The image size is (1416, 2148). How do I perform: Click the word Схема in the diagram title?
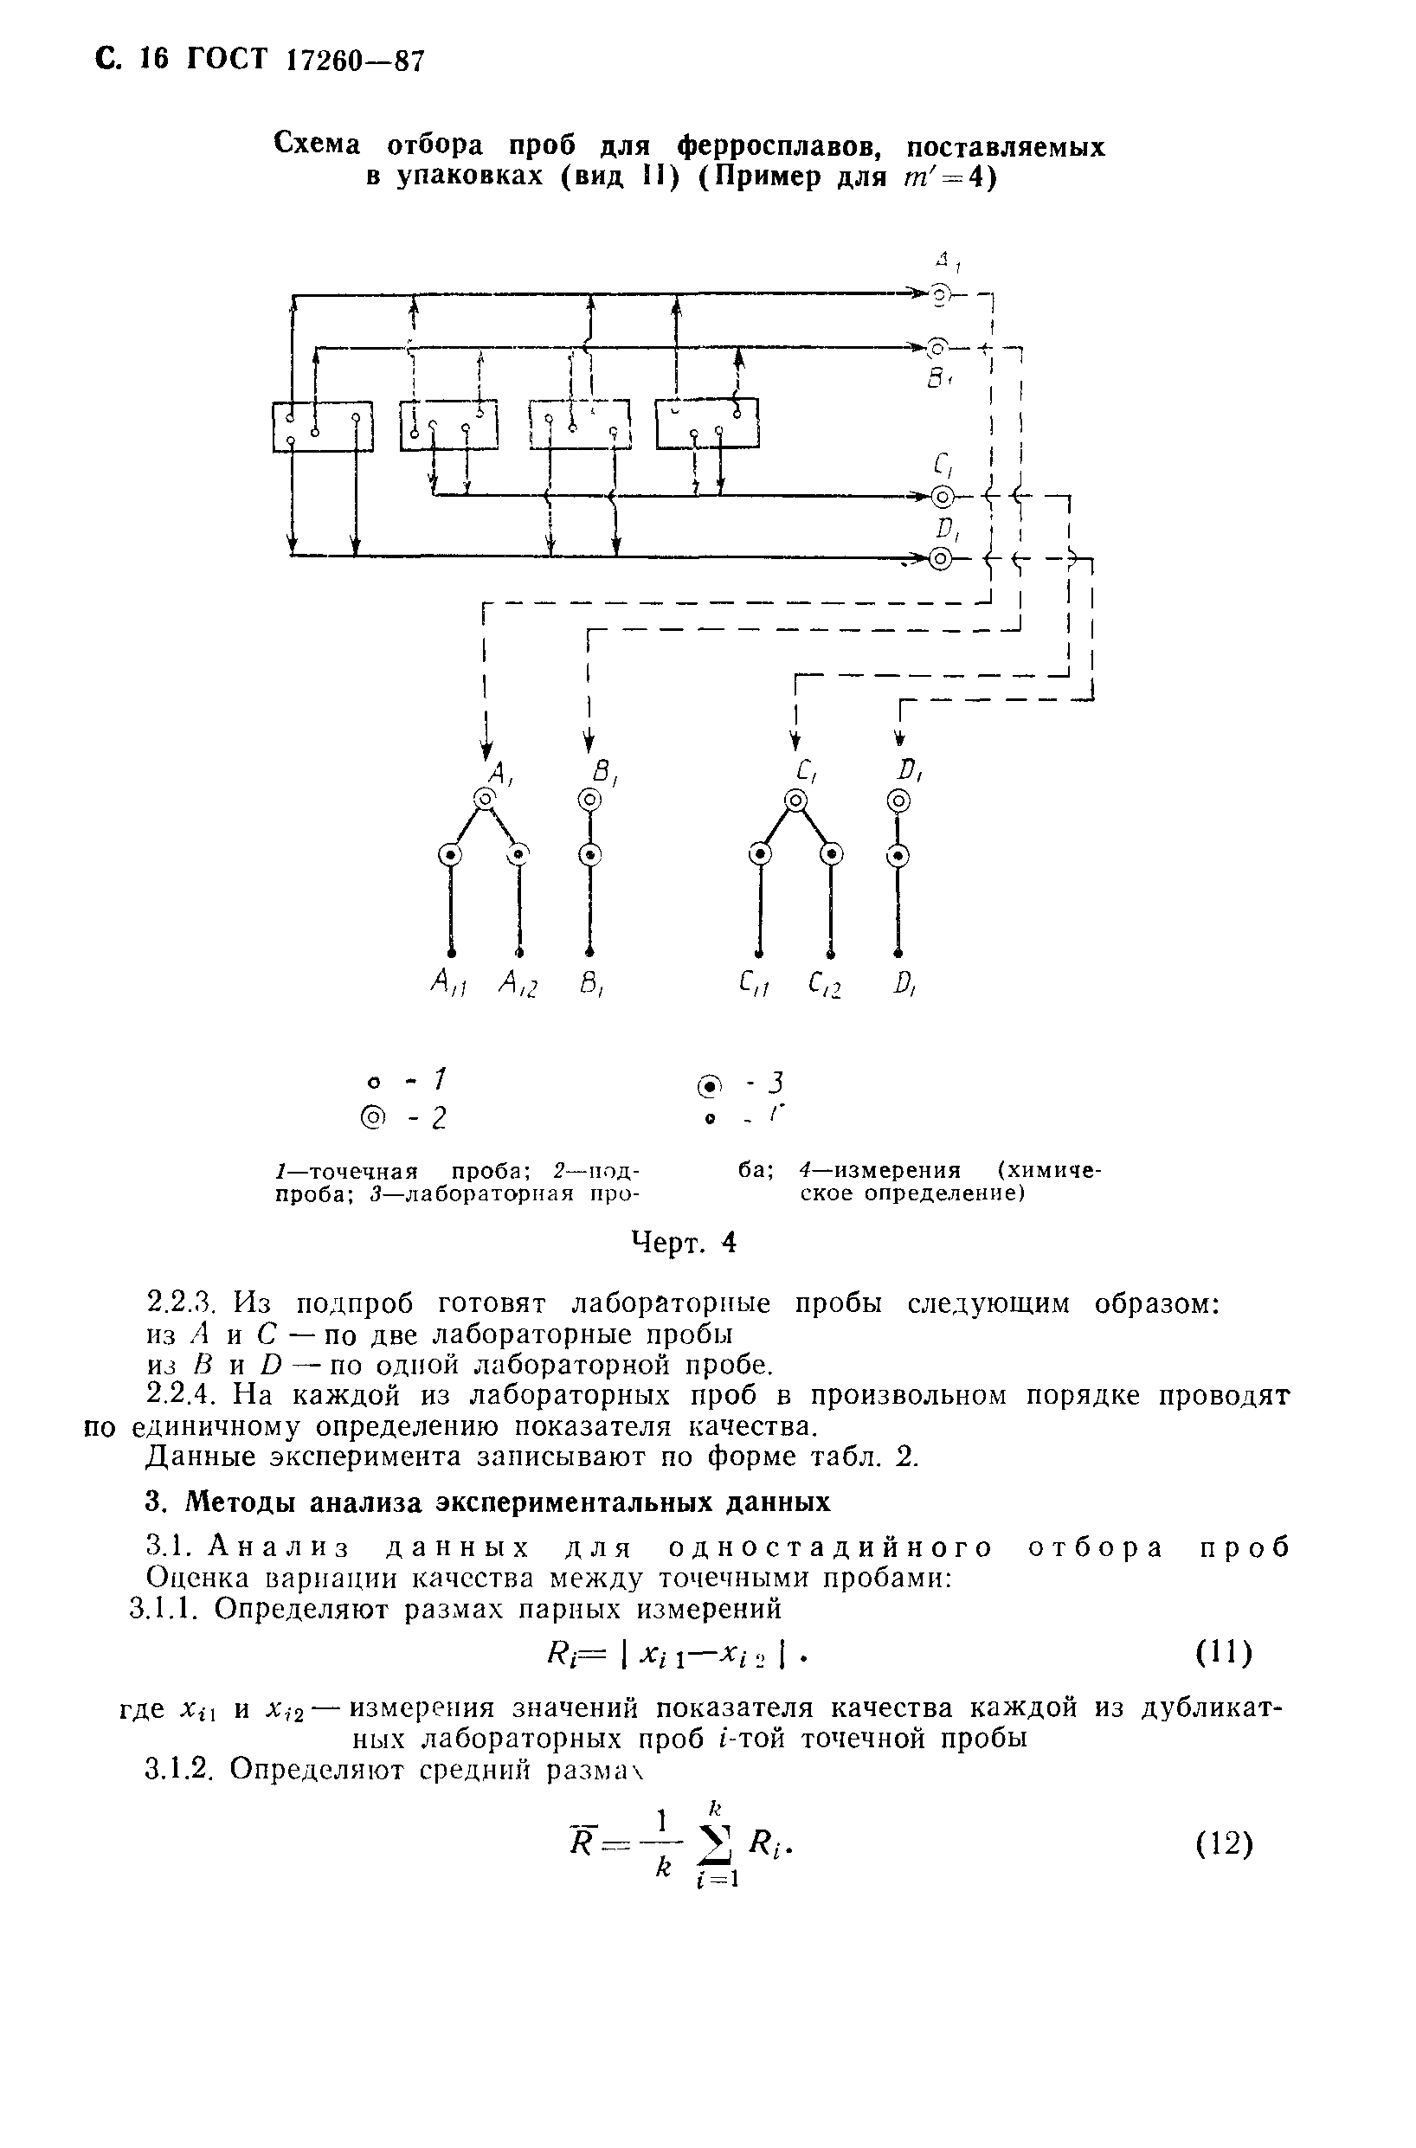[317, 145]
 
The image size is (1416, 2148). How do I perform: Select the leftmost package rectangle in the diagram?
[322, 425]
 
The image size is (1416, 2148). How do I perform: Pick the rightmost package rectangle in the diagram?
[707, 422]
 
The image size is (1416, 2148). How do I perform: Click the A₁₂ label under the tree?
[518, 984]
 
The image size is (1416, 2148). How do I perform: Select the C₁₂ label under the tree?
[826, 984]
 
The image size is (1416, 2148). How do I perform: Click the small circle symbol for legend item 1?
[372, 1083]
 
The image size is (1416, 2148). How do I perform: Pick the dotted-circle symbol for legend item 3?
[710, 1086]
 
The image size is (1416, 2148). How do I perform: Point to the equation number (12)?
[1225, 1843]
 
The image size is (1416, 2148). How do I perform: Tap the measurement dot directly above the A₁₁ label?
[451, 952]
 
